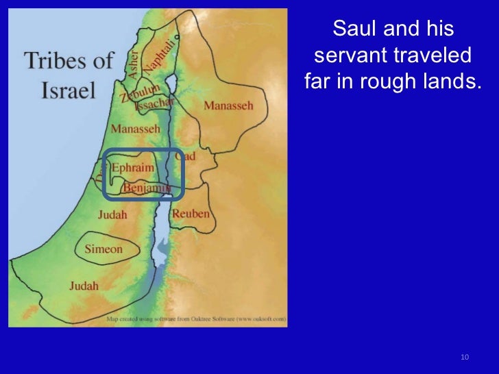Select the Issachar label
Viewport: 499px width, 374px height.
point(154,104)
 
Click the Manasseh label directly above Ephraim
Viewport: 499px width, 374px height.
point(135,129)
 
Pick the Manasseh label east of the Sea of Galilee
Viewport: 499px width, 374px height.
point(228,106)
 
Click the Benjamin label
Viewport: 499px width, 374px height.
point(147,187)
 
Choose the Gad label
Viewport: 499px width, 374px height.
point(186,157)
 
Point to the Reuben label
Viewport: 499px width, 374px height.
point(191,214)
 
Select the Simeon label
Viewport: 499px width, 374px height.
point(104,249)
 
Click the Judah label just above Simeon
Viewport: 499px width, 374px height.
point(112,215)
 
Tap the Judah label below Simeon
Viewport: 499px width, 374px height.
point(84,286)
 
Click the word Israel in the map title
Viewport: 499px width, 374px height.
point(68,91)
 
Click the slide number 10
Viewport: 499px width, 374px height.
point(465,358)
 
